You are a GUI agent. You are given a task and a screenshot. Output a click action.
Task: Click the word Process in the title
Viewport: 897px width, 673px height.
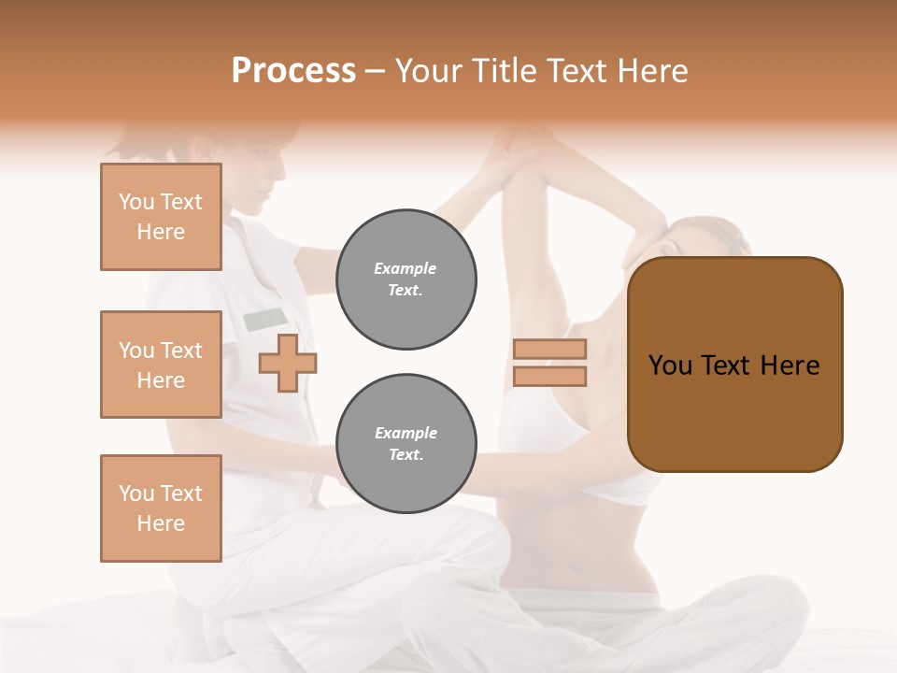coord(293,71)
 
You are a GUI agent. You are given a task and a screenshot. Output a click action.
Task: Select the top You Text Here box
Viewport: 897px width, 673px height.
coord(161,217)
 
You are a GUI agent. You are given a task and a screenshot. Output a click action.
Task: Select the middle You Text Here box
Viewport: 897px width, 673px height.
coord(161,365)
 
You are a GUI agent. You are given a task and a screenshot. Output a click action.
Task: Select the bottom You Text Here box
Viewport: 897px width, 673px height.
coord(161,508)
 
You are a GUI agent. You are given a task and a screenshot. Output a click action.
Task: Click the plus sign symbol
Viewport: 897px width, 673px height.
coord(288,363)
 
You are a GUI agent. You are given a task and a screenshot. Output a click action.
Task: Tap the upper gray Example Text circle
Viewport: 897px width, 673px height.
coord(406,279)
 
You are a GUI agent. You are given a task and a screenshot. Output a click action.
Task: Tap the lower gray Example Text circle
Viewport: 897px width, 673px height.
coord(406,444)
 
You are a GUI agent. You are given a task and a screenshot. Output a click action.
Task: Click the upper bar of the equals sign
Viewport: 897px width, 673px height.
coord(549,350)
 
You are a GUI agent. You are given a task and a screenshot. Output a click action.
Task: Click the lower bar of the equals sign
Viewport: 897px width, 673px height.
coord(549,377)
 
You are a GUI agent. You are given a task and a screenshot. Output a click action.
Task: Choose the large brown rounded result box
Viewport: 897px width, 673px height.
coord(734,365)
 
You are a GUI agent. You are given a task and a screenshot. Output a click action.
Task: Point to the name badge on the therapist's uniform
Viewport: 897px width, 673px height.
coord(265,320)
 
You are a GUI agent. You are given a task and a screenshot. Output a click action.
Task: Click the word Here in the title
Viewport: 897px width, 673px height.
coord(650,71)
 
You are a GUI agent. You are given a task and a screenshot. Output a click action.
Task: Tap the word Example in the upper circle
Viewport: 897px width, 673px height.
coord(405,268)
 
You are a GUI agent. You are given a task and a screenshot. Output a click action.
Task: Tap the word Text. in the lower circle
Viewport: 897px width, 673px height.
coord(406,455)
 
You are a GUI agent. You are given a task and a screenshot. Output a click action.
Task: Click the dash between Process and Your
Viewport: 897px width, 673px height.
coord(376,71)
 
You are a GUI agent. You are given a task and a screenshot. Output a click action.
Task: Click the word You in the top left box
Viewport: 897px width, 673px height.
coord(136,202)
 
